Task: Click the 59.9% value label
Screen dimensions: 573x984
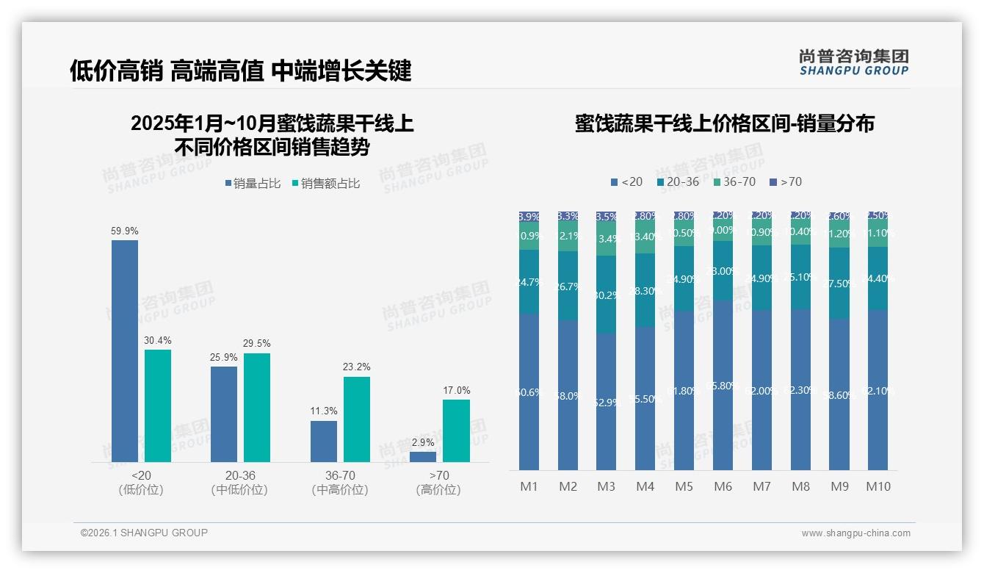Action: tap(125, 231)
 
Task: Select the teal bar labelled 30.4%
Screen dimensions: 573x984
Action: tap(158, 406)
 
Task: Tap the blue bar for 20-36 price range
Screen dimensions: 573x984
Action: tap(224, 414)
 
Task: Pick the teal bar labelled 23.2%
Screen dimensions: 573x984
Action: tap(357, 419)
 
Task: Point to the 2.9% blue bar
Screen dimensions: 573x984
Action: tap(423, 456)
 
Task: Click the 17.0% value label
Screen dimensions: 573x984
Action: tap(456, 390)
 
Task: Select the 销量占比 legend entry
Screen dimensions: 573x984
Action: tap(253, 184)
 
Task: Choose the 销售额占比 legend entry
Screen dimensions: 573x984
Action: tap(326, 184)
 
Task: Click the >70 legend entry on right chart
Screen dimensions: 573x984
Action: tap(786, 181)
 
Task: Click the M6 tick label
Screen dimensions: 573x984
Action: tap(723, 486)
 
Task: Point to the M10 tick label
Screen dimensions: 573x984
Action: tap(878, 486)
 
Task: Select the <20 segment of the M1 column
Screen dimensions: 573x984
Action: tap(529, 392)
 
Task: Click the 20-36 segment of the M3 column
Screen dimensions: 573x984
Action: tap(606, 295)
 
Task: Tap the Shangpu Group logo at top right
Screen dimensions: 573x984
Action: tap(853, 62)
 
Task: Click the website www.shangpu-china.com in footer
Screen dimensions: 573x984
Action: tap(855, 533)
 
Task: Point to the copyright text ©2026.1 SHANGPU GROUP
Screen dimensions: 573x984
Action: tap(144, 533)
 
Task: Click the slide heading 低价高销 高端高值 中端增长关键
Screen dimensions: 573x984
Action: tap(240, 71)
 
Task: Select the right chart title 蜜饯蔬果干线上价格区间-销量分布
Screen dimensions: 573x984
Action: tap(724, 123)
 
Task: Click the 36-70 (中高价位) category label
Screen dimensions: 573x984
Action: tap(339, 483)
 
